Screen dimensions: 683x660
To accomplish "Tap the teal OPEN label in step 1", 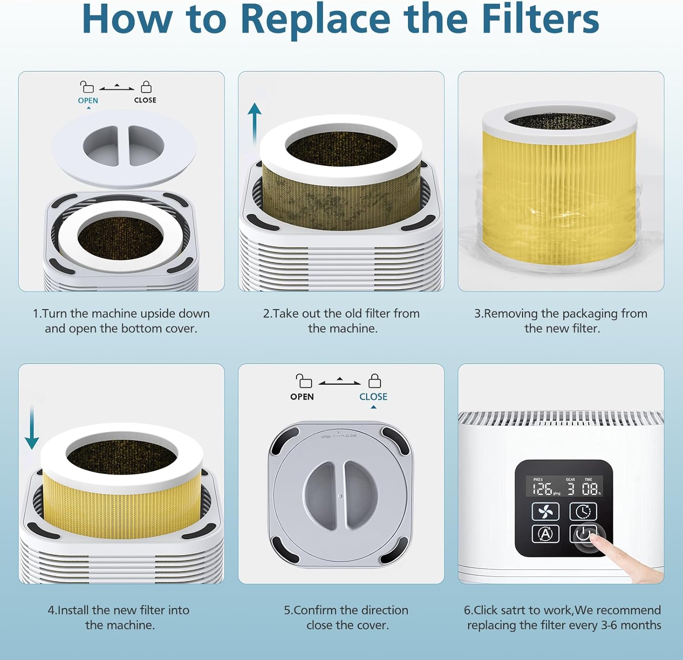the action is tap(88, 100).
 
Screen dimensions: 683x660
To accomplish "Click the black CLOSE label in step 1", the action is tap(145, 100).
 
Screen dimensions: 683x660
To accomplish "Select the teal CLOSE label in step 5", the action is tap(373, 397).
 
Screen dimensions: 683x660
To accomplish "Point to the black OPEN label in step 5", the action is tap(302, 397).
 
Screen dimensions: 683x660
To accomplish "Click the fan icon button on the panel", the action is tap(545, 512).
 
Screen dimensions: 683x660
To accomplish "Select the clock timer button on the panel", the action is tap(583, 512).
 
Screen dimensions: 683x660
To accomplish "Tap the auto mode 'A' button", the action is tap(545, 533).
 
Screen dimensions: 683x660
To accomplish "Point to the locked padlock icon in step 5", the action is tap(375, 380).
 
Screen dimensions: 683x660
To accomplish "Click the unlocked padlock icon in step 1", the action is tap(87, 87).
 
